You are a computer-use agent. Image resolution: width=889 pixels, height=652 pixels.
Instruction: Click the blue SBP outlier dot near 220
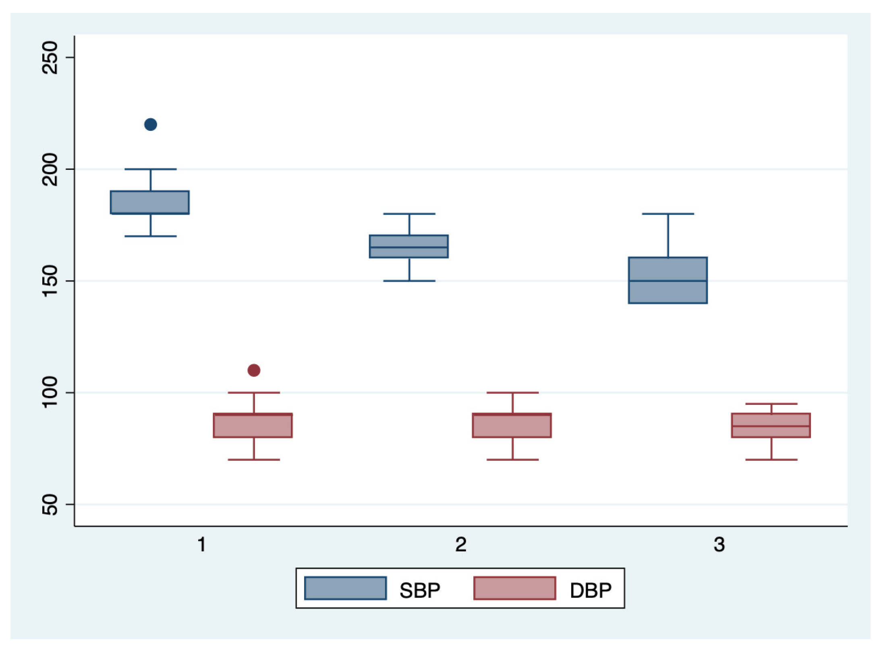pos(151,125)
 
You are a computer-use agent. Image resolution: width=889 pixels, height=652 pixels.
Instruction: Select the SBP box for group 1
pos(150,202)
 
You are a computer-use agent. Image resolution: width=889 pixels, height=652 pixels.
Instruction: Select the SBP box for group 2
pos(409,247)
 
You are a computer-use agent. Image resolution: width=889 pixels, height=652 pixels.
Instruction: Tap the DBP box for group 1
pos(253,426)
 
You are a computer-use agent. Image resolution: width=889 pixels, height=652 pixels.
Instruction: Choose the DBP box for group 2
pos(512,426)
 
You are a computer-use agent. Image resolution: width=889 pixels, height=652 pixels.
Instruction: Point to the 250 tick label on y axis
pos(50,58)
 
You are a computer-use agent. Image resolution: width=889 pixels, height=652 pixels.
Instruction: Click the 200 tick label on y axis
pos(50,169)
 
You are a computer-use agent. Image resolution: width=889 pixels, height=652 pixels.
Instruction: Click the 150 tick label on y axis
pos(50,281)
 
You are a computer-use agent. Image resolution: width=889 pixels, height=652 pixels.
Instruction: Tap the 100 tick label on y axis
pos(50,393)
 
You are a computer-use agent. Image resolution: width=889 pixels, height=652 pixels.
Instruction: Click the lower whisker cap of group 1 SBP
pos(151,237)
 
